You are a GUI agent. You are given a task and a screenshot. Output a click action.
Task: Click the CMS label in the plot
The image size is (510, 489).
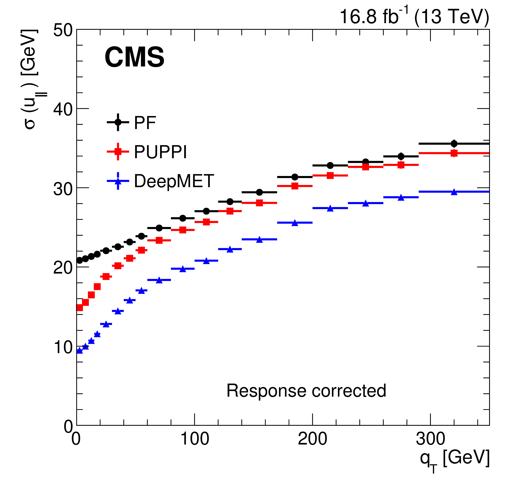click(x=134, y=57)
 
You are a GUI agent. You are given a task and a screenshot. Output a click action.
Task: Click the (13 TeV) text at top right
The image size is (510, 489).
click(x=451, y=17)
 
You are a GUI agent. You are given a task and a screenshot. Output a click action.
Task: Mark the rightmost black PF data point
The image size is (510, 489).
click(x=454, y=144)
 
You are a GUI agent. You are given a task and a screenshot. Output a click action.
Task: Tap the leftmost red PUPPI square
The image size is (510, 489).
click(x=79, y=308)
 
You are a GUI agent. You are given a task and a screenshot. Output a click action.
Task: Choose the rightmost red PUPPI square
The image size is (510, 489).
click(x=454, y=153)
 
